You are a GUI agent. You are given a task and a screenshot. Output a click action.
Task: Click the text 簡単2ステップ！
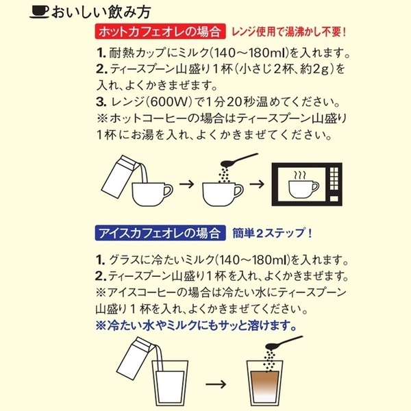pos(273,232)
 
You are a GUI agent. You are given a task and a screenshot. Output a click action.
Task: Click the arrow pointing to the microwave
pos(257,185)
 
